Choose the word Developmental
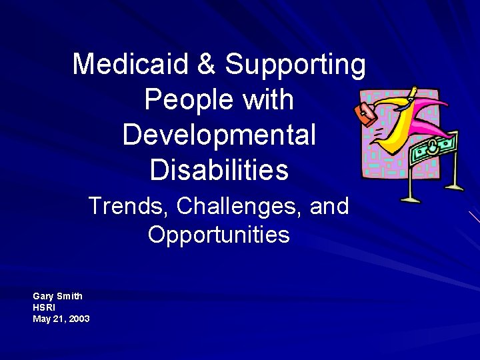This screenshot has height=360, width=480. point(219,135)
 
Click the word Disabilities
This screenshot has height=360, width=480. point(219,170)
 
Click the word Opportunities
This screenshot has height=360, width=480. point(219,235)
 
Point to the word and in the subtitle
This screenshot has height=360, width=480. point(329,206)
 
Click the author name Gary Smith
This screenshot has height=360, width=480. point(58,295)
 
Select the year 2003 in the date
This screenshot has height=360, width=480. point(78,319)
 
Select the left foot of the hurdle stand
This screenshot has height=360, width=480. point(409,199)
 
